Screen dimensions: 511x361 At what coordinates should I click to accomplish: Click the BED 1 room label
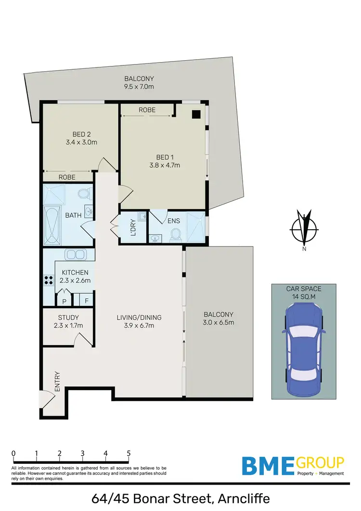pyautogui.click(x=163, y=157)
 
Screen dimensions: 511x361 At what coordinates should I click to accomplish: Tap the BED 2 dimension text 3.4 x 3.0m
pyautogui.click(x=81, y=142)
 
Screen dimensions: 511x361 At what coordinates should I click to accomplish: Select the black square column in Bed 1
pyautogui.click(x=196, y=114)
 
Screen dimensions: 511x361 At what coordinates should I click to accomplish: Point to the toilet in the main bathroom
pyautogui.click(x=84, y=195)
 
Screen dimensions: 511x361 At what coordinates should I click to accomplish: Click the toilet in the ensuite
pyautogui.click(x=175, y=235)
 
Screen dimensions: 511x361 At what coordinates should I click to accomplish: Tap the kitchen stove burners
pyautogui.click(x=48, y=280)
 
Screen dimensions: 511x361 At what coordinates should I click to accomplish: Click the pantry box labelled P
pyautogui.click(x=64, y=301)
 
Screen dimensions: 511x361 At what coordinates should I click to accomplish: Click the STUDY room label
pyautogui.click(x=68, y=317)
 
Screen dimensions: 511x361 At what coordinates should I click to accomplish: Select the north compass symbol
pyautogui.click(x=304, y=229)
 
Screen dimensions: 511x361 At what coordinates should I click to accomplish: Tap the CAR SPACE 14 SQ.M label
pyautogui.click(x=303, y=292)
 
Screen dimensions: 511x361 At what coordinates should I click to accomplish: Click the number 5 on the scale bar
pyautogui.click(x=129, y=453)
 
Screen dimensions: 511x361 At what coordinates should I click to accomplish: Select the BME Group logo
pyautogui.click(x=293, y=466)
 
